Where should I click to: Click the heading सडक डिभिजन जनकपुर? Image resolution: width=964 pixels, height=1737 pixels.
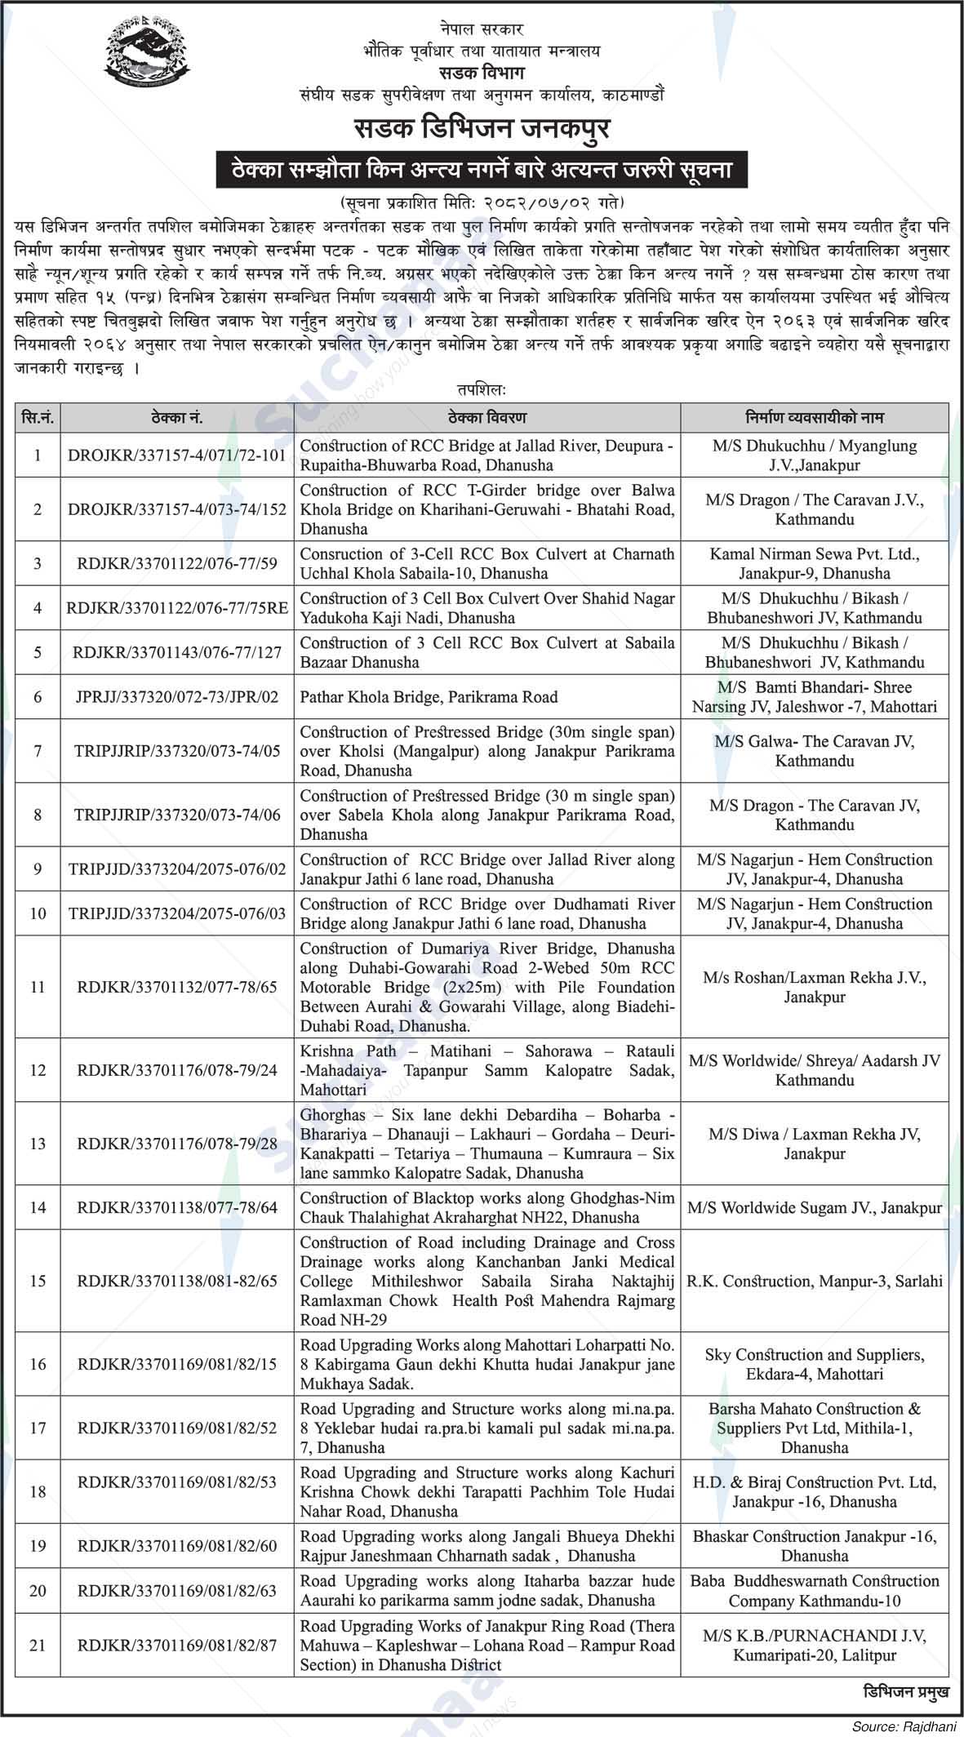click(482, 130)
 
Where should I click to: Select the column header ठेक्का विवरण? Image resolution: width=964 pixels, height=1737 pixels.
click(487, 418)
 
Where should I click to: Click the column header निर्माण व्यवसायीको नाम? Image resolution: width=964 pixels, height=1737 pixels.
click(814, 418)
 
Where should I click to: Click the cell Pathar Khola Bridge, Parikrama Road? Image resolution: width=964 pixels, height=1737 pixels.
click(429, 697)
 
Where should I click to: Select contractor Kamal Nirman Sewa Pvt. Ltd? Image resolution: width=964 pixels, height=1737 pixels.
click(814, 563)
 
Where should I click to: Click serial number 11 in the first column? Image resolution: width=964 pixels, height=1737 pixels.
click(38, 987)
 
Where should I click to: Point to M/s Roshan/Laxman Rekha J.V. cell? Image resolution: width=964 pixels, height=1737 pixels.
click(814, 987)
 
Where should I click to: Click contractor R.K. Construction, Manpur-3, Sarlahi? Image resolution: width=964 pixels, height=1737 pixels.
click(814, 1281)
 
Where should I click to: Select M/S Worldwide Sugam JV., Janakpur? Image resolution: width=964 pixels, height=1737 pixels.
click(814, 1207)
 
